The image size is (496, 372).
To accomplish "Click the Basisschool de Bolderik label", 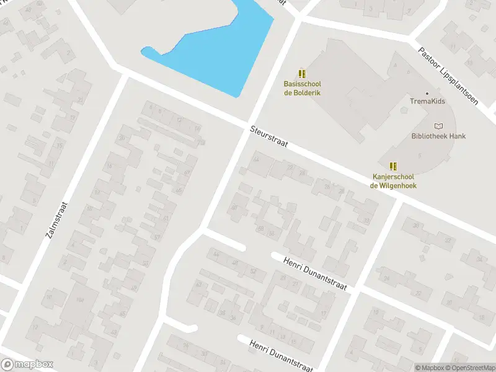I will (x=302, y=88).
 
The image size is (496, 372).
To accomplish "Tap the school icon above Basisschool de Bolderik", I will (x=303, y=74).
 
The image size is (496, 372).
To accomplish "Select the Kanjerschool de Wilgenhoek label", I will (x=393, y=180).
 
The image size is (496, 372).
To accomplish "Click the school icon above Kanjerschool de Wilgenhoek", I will (x=392, y=166).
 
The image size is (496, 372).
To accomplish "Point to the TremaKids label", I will (x=427, y=101).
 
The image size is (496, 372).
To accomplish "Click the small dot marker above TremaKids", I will (x=427, y=93).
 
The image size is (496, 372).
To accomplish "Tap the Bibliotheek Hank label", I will (x=438, y=136).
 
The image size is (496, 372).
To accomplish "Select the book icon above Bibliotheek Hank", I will (x=439, y=126).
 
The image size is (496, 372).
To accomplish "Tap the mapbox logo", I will (x=27, y=365).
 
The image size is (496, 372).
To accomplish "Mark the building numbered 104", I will (x=79, y=301).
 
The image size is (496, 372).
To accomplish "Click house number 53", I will (x=146, y=263).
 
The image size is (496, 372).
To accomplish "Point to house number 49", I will (x=122, y=314).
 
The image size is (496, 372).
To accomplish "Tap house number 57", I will (x=157, y=237).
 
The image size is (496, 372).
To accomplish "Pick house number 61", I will (x=166, y=218).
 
